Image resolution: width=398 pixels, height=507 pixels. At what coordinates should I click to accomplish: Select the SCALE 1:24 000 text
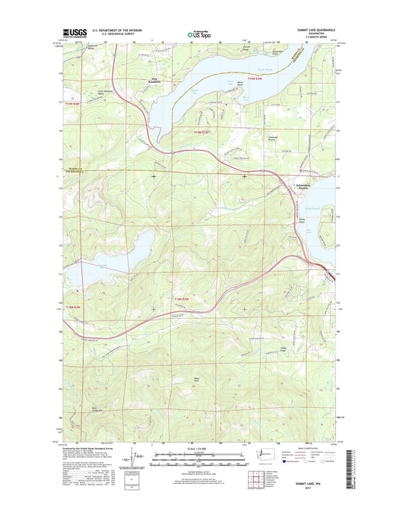click(x=198, y=448)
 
